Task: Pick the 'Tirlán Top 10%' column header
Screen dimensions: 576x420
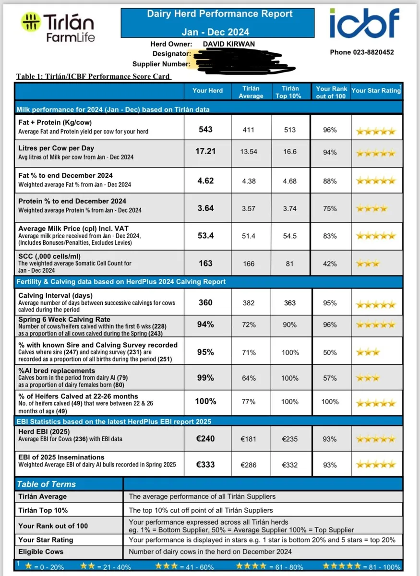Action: coord(290,92)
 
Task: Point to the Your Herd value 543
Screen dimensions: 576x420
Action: coord(205,130)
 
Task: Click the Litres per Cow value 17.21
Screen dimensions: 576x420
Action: coord(205,151)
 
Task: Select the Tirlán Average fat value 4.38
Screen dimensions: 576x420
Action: coord(249,181)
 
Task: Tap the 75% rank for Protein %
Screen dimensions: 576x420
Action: coord(330,208)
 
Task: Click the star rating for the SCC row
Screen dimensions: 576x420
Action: coord(368,264)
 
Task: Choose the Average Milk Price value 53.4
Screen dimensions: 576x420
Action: coord(205,236)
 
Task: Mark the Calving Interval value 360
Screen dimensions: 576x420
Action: coord(205,303)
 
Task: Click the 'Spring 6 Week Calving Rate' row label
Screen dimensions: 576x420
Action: coord(64,319)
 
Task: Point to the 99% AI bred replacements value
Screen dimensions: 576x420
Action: coord(205,378)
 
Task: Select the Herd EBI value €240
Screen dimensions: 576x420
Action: coord(205,438)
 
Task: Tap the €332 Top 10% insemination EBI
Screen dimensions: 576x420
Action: coord(290,465)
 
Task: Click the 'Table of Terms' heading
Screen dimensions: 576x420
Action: coord(47,484)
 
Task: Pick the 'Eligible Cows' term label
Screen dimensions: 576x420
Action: coord(41,552)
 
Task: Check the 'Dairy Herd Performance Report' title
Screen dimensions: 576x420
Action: coord(220,14)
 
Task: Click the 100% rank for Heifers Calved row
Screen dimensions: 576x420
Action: coord(330,401)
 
